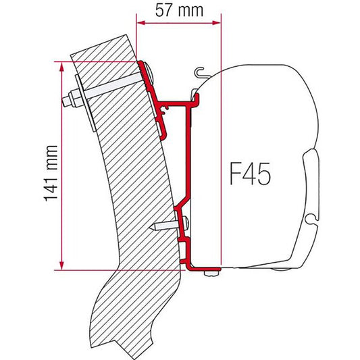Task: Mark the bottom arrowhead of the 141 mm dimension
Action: [x=61, y=265]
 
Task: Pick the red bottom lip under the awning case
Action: [x=203, y=268]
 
